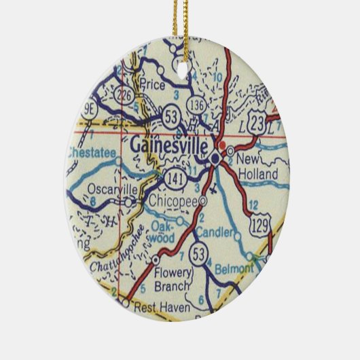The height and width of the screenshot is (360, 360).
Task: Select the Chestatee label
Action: click(92, 154)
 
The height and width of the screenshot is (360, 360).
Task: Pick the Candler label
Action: click(213, 234)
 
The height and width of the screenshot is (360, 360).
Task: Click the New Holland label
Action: click(258, 168)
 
